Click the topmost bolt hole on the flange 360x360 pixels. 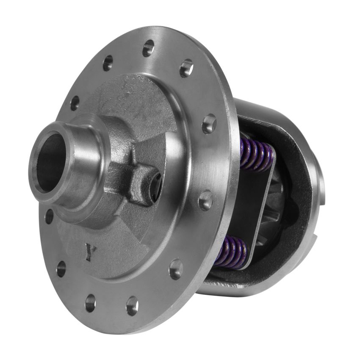click(148, 48)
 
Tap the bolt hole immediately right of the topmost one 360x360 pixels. click(186, 68)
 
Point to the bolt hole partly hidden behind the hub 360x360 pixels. click(49, 216)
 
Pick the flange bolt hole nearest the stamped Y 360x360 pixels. click(61, 268)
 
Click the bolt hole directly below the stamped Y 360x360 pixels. click(90, 303)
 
